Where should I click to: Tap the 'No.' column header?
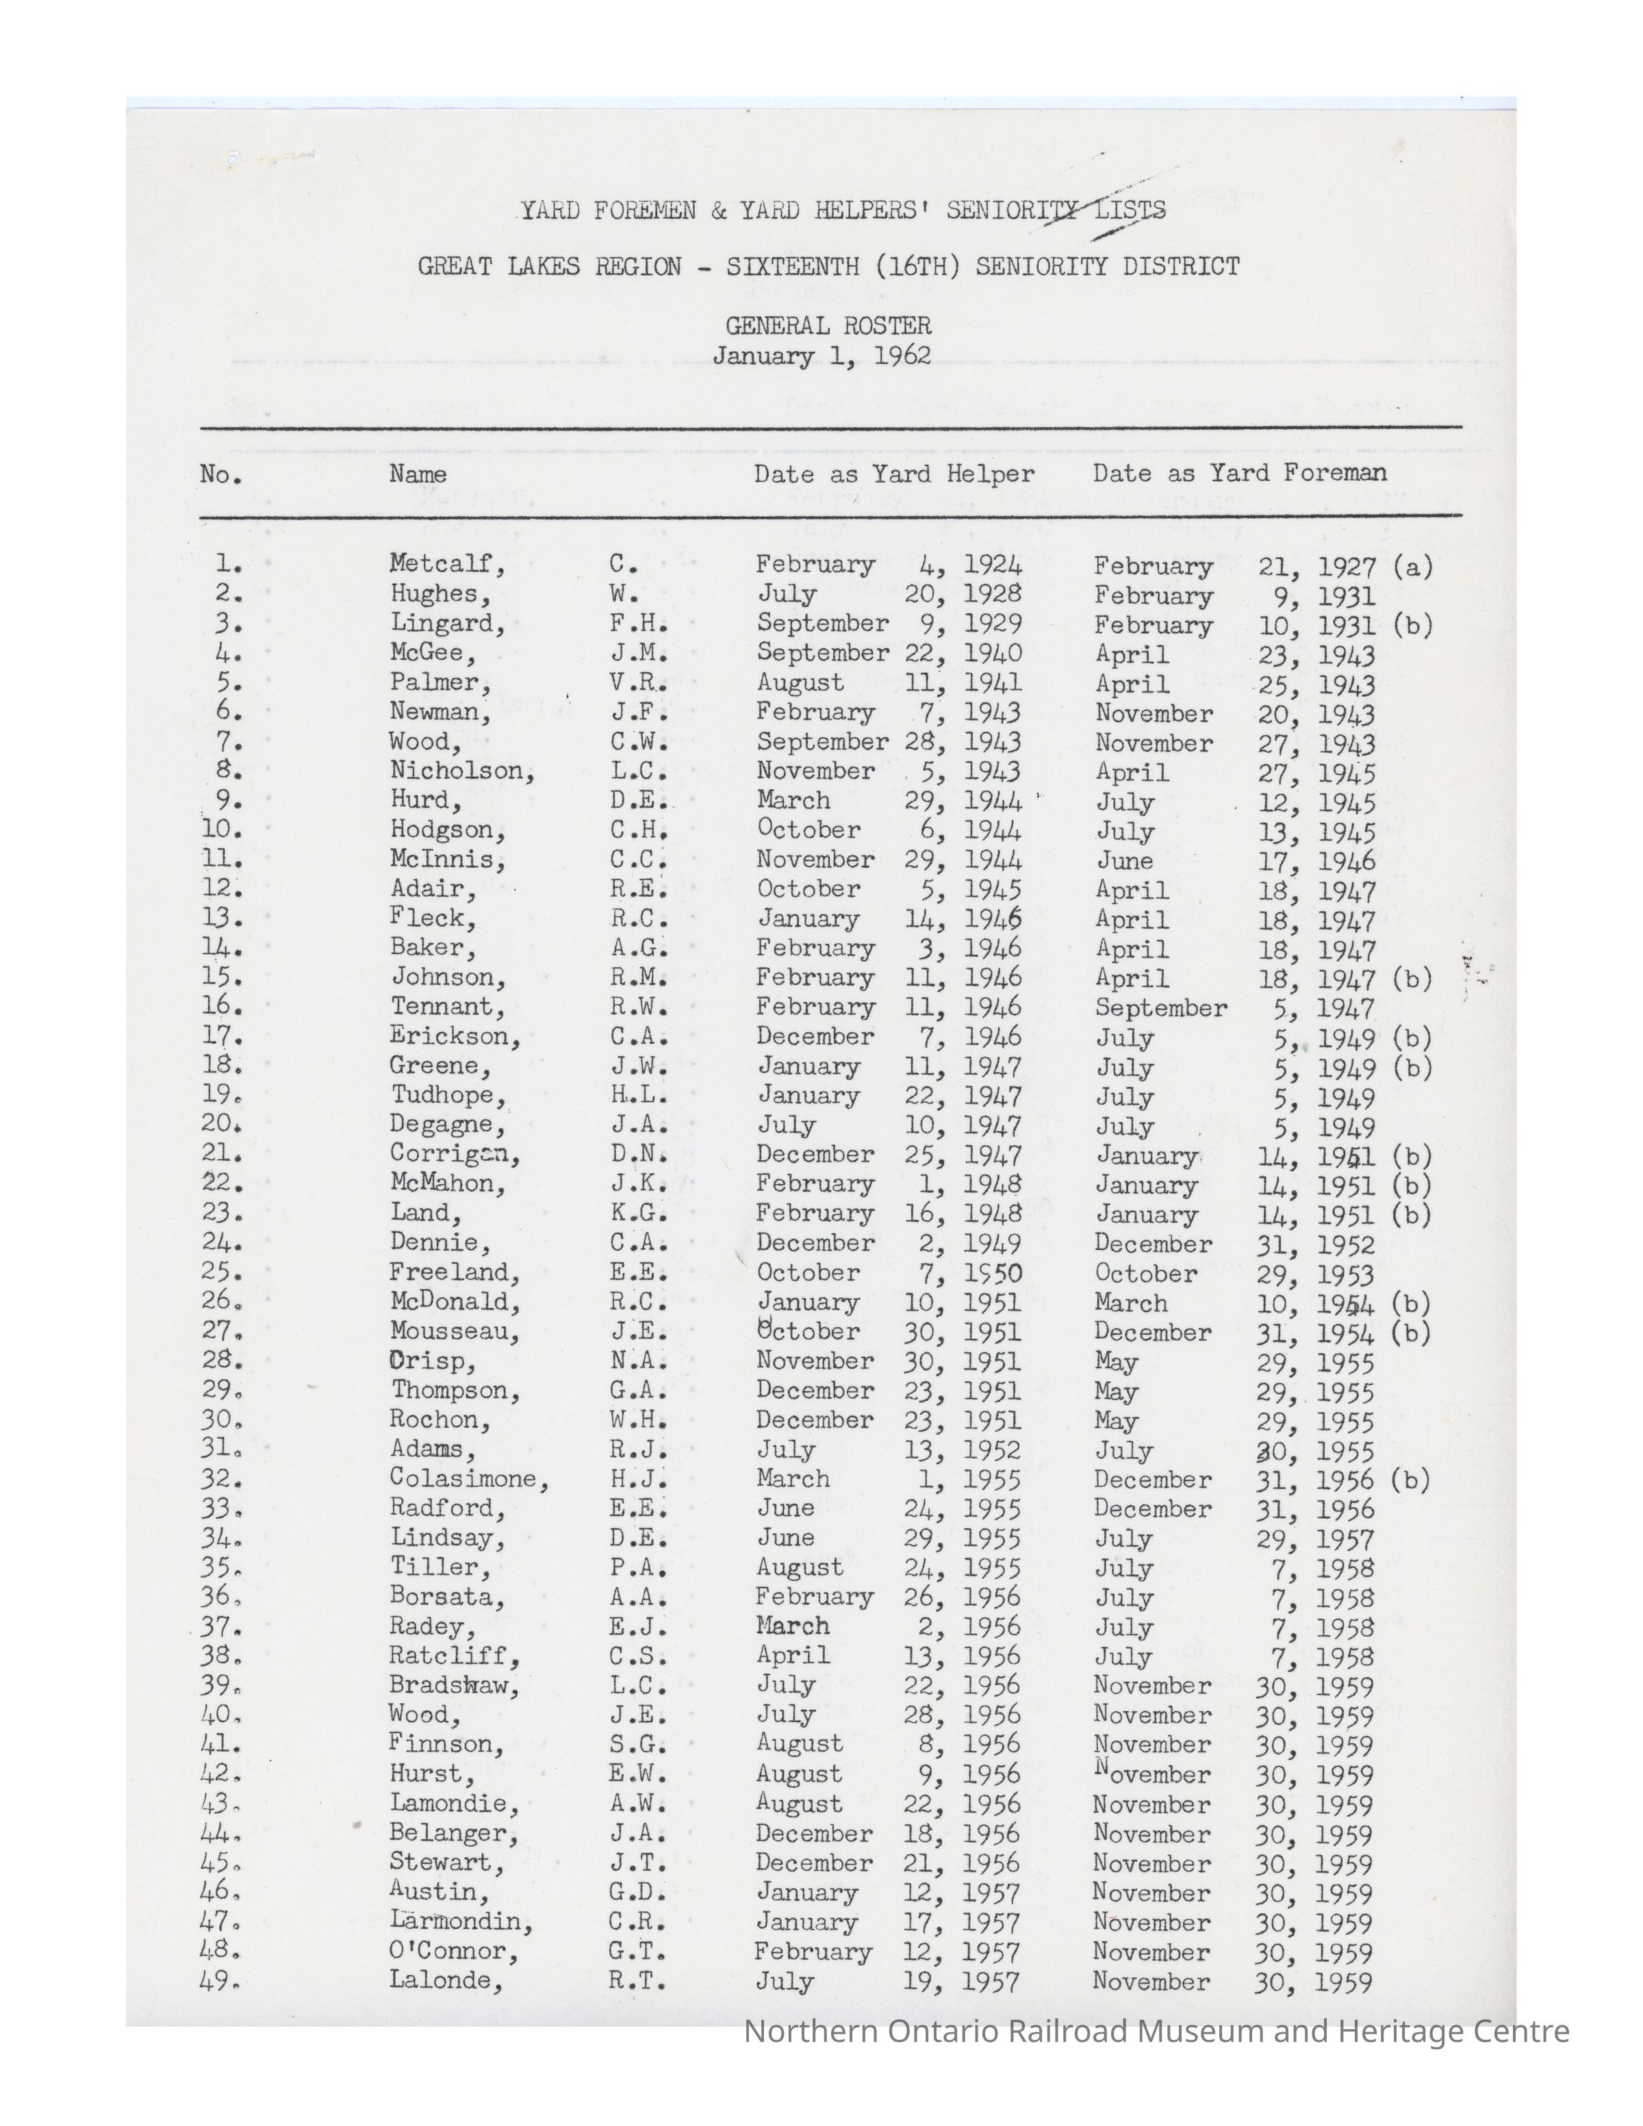221,474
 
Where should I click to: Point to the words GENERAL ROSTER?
828,325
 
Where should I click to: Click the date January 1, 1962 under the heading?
821,355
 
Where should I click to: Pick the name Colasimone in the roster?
469,1478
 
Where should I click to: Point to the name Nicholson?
462,771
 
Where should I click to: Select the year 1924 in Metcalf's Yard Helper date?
993,563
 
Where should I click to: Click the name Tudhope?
448,1095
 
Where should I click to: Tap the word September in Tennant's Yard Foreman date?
1160,1008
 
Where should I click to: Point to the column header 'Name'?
418,474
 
